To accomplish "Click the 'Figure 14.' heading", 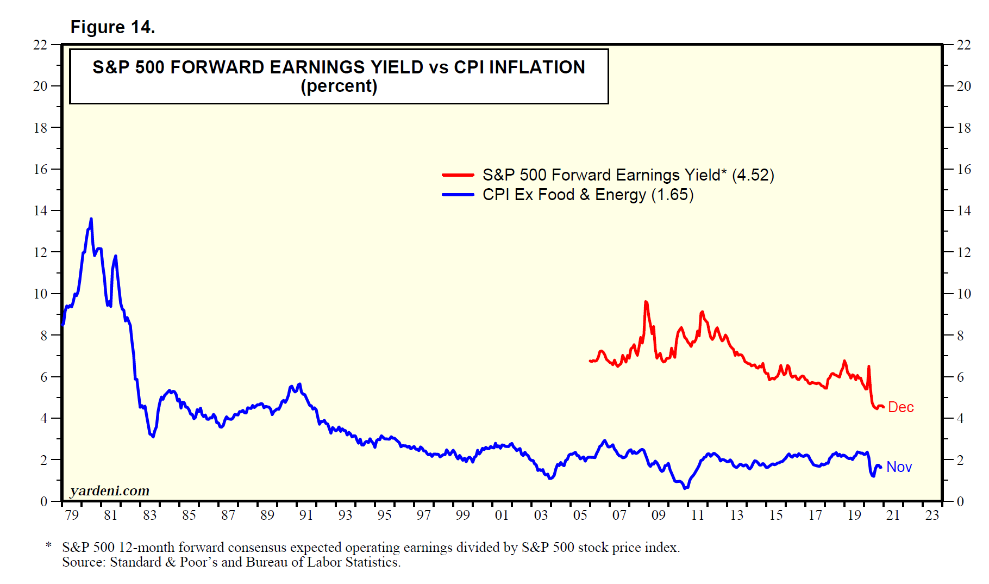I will (x=112, y=27).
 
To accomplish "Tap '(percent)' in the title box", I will (x=339, y=86).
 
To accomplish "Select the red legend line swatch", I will (x=458, y=175).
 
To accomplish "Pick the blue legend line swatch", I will (x=458, y=195).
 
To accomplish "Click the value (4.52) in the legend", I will (x=753, y=175).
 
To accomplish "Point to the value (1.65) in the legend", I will (x=672, y=195).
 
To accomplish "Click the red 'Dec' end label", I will (x=900, y=407).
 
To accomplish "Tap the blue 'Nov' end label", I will (x=899, y=467).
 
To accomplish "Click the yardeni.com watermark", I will (x=110, y=490).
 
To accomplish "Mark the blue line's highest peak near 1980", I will (x=91, y=219).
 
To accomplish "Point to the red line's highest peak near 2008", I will (x=646, y=302).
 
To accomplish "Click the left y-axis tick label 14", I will (x=41, y=210).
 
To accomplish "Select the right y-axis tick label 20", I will (x=963, y=86).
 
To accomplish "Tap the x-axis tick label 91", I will (x=306, y=515).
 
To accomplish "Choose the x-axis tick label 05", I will (x=580, y=515).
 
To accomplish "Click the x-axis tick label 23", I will (x=932, y=515).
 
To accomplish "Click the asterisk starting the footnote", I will (x=49, y=545).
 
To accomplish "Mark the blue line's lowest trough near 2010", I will (x=685, y=488).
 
